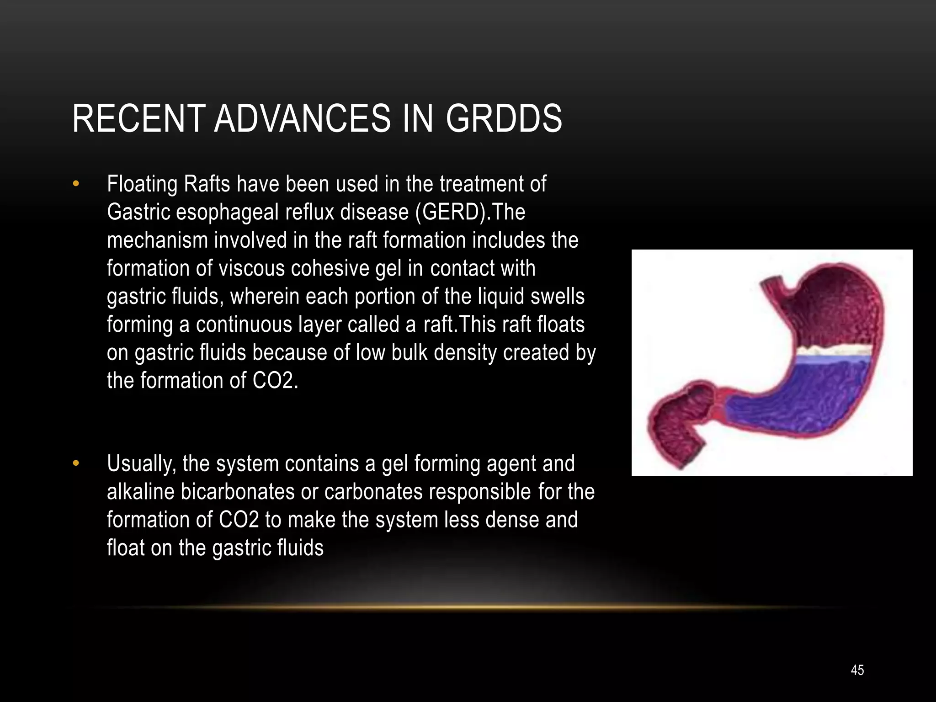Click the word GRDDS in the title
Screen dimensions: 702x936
click(x=504, y=119)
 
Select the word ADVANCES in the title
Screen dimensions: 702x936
click(x=302, y=119)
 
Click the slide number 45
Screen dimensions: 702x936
click(x=857, y=670)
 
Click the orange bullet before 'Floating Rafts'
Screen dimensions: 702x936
click(x=76, y=184)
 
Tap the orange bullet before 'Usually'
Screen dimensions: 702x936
click(x=76, y=464)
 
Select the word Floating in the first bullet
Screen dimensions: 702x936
click(x=142, y=184)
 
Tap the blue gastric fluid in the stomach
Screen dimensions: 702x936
click(x=804, y=398)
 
